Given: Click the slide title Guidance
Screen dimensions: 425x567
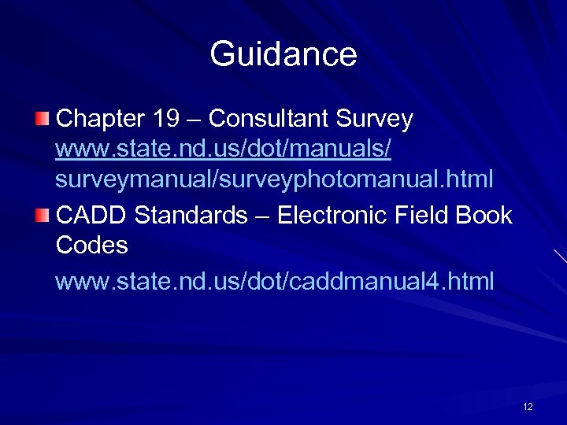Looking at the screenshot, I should (x=283, y=54).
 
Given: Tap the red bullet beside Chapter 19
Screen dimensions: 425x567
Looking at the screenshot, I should (x=42, y=119).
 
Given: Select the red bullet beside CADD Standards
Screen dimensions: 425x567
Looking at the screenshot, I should (x=42, y=214).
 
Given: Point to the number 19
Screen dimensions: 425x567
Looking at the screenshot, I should (x=166, y=119).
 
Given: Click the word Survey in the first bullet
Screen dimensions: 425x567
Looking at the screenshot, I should (x=374, y=119).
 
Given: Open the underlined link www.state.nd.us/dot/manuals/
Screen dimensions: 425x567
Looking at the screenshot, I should (x=224, y=149).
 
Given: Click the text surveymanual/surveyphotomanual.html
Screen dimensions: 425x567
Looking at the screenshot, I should (x=275, y=179).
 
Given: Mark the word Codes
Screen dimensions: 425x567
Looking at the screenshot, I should (x=91, y=245).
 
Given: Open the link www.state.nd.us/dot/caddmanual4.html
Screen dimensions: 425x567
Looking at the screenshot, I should (x=275, y=281).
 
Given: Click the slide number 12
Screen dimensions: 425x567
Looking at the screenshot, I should (x=528, y=407).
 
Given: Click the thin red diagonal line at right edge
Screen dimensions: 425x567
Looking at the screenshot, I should (x=560, y=256).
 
